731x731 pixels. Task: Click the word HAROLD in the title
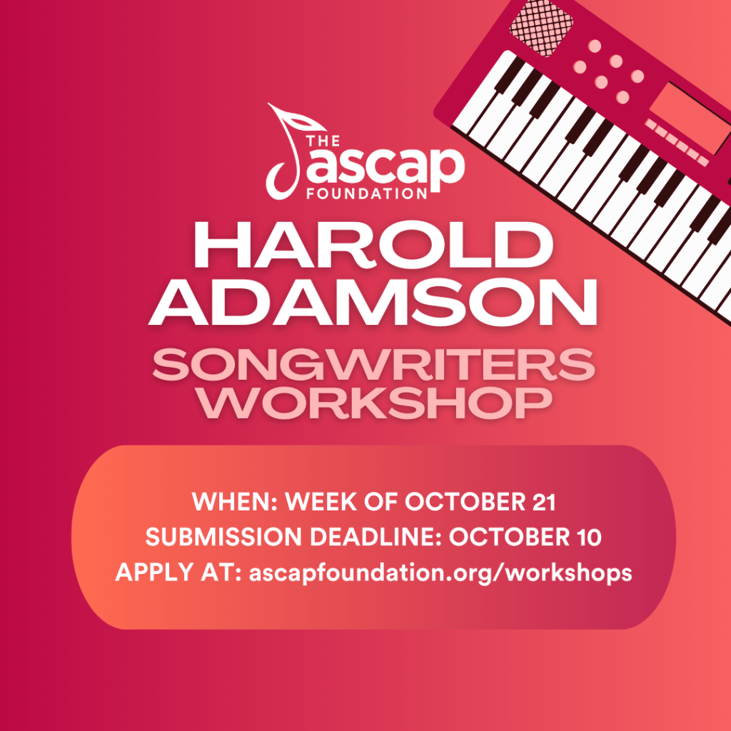pyautogui.click(x=373, y=246)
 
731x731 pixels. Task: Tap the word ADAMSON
pyautogui.click(x=373, y=302)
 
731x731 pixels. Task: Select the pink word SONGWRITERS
pyautogui.click(x=374, y=364)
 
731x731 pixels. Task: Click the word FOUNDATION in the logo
pyautogui.click(x=367, y=193)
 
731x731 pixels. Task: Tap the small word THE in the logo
pyautogui.click(x=323, y=141)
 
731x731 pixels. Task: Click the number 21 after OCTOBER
pyautogui.click(x=543, y=502)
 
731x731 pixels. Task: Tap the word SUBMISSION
pyautogui.click(x=223, y=537)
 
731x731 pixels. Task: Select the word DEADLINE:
pyautogui.click(x=375, y=537)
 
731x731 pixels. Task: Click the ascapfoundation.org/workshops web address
pyautogui.click(x=440, y=573)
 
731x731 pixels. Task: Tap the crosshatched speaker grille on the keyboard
pyautogui.click(x=541, y=28)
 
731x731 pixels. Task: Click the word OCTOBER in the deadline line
pyautogui.click(x=509, y=537)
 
